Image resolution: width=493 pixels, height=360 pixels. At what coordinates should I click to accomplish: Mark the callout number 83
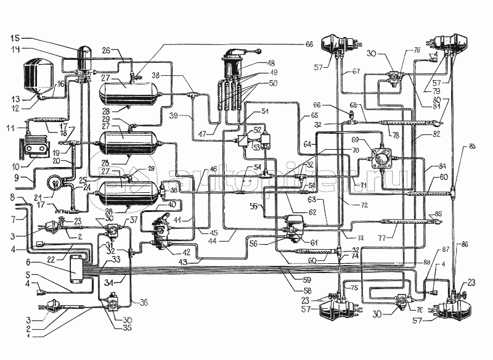tap(473, 145)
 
